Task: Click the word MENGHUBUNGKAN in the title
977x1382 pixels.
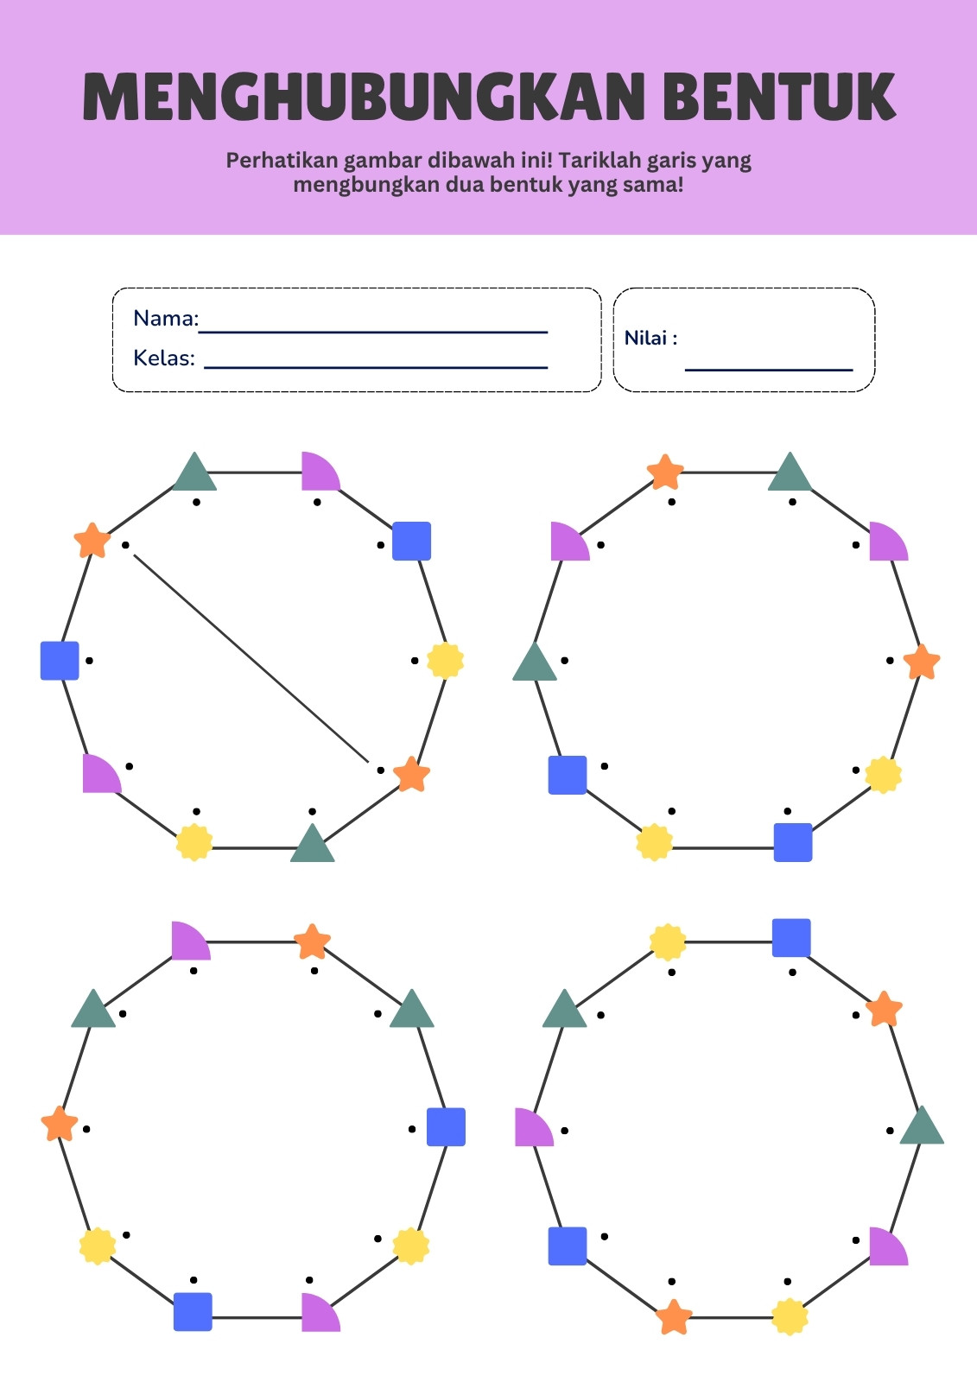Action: [x=363, y=96]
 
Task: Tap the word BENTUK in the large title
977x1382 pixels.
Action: [x=779, y=96]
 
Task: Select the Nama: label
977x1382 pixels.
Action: [x=166, y=319]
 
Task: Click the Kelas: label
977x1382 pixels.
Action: [x=164, y=358]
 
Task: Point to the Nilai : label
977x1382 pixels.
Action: [x=650, y=338]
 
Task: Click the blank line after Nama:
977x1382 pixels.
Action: [x=373, y=332]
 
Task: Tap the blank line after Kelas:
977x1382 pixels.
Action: [x=376, y=367]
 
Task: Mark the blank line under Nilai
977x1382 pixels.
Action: [x=769, y=371]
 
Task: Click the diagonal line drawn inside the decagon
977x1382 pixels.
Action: [x=251, y=659]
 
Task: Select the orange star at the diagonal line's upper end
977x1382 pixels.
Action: [x=92, y=540]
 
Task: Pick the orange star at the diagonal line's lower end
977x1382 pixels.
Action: [x=412, y=774]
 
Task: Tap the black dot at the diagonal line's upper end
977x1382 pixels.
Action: [x=125, y=545]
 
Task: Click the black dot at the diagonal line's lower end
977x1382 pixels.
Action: [x=380, y=770]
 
